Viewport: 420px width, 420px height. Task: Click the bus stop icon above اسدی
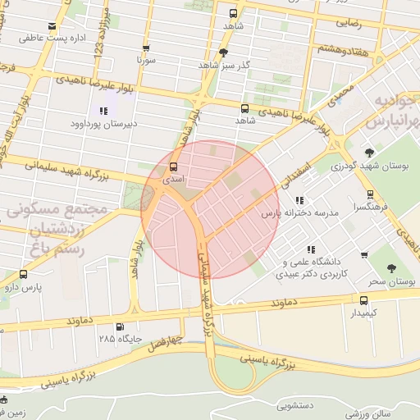coord(172,166)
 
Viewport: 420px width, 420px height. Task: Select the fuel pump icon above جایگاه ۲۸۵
coord(121,326)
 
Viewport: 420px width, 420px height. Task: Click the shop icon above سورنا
coord(146,48)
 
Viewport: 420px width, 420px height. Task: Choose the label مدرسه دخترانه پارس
coord(292,213)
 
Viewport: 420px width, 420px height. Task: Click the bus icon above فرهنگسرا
coord(370,194)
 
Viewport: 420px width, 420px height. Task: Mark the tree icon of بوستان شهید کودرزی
coord(369,153)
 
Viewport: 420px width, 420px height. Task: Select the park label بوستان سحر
coord(391,281)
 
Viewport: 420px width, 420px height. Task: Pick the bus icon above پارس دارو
coord(22,275)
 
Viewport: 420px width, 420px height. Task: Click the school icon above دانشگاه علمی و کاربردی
coord(310,249)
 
